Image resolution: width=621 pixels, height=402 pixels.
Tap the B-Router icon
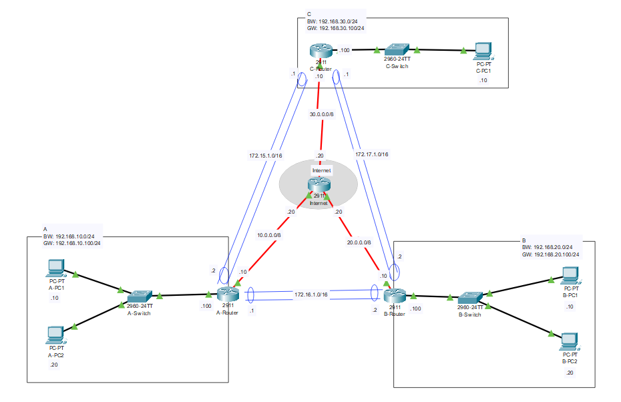[x=394, y=294]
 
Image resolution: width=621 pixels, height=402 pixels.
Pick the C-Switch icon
[x=397, y=49]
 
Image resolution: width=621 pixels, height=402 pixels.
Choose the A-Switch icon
[x=140, y=295]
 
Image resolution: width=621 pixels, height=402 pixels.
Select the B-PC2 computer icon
[x=570, y=341]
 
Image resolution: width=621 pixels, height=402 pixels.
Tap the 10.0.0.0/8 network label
[x=269, y=234]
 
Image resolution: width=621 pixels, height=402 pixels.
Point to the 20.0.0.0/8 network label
[x=359, y=242]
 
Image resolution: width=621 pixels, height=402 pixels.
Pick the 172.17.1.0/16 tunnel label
[x=372, y=154]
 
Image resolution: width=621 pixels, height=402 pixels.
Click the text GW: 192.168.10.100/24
[x=72, y=243]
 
